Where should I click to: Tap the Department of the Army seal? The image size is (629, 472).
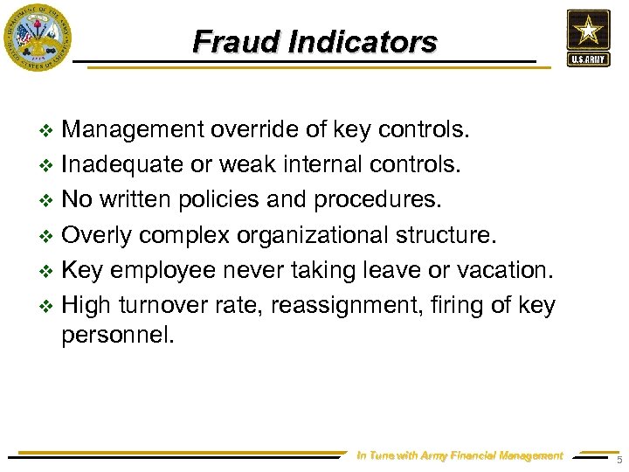(x=38, y=37)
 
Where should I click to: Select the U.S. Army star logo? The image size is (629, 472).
(x=587, y=37)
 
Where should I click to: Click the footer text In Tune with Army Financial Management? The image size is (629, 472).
(x=460, y=455)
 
